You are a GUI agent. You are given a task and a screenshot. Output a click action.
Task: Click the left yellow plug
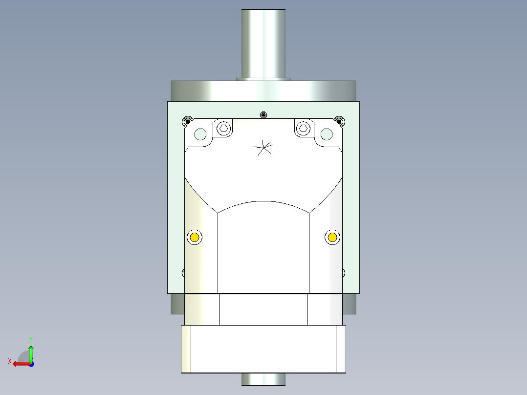pyautogui.click(x=195, y=238)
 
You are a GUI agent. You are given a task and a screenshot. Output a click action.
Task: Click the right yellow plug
pyautogui.click(x=332, y=238)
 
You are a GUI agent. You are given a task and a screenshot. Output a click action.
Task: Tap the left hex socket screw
pyautogui.click(x=223, y=129)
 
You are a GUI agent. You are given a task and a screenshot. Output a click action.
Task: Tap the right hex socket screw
pyautogui.click(x=303, y=129)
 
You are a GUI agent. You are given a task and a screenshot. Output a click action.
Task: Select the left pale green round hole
pyautogui.click(x=200, y=134)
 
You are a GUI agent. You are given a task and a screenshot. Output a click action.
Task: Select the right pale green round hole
pyautogui.click(x=327, y=134)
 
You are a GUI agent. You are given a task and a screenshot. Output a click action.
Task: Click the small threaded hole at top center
pyautogui.click(x=263, y=115)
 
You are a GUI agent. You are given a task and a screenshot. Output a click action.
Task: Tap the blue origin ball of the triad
pyautogui.click(x=31, y=363)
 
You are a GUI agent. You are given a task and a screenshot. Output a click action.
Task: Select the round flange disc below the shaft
pyautogui.click(x=263, y=90)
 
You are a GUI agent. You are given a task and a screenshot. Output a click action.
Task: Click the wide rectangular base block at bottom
pyautogui.click(x=263, y=349)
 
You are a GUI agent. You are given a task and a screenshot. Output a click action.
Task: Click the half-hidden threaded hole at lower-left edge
pyautogui.click(x=183, y=273)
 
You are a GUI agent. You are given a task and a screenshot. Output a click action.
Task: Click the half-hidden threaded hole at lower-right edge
pyautogui.click(x=343, y=273)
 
